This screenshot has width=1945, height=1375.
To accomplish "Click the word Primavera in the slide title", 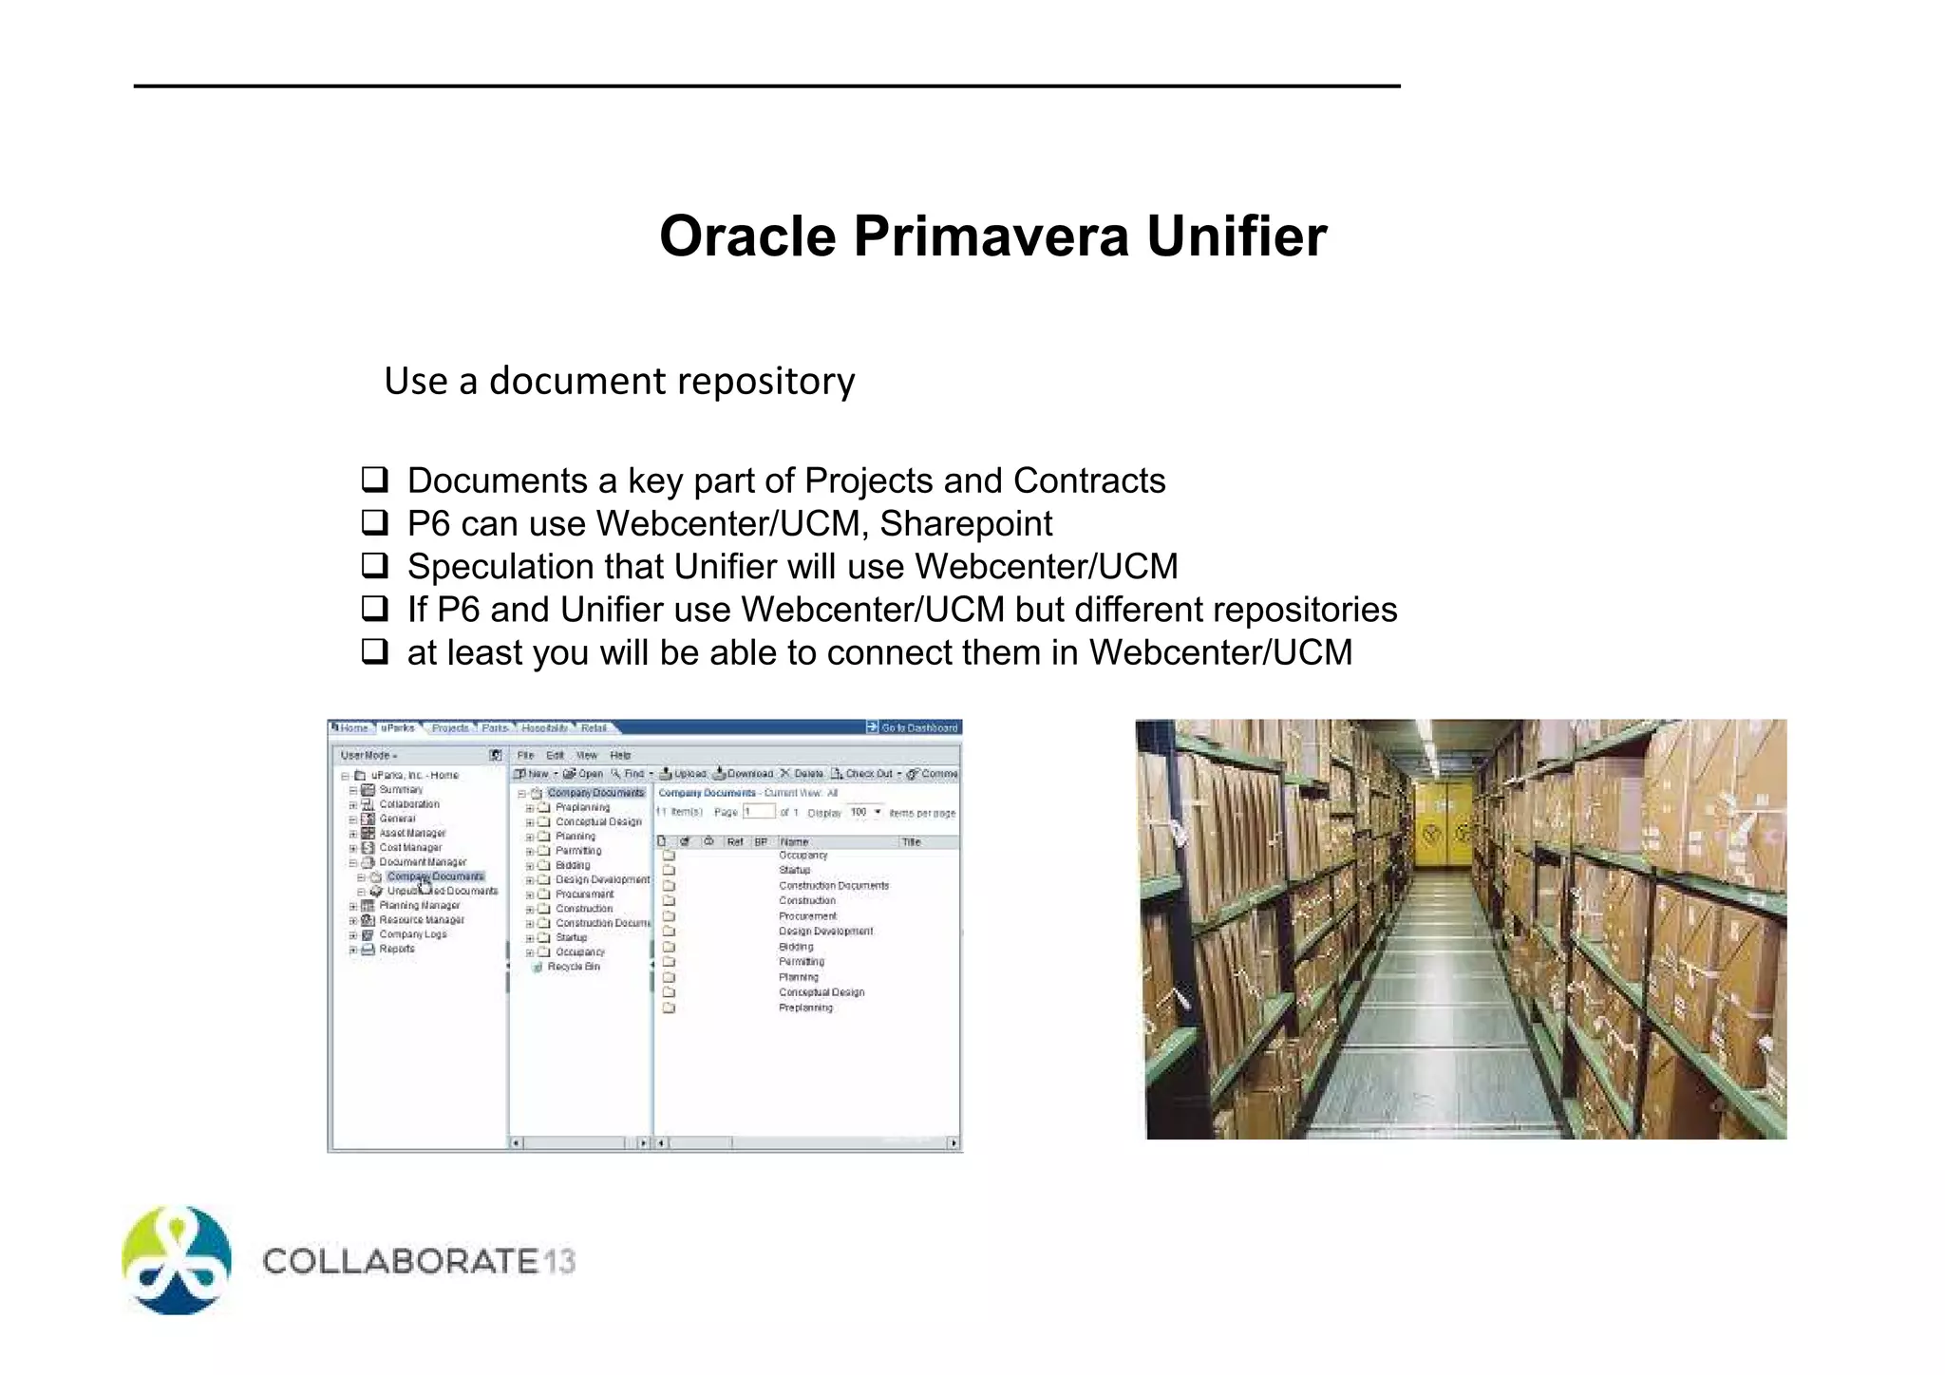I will click(x=991, y=236).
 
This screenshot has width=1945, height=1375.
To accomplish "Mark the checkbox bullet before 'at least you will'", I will click(x=375, y=651).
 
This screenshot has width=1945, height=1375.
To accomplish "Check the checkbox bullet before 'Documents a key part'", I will click(x=375, y=480).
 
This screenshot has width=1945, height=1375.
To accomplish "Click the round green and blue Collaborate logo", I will click(x=177, y=1260).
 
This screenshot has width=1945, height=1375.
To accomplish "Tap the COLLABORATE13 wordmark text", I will click(x=418, y=1261).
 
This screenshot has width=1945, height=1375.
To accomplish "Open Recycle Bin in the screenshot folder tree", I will click(x=574, y=967).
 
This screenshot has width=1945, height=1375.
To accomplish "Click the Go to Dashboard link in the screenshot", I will click(x=917, y=727).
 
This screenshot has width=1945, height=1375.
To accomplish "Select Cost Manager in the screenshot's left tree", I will click(x=410, y=847).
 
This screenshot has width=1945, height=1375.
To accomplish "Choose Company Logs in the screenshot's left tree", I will click(x=412, y=934).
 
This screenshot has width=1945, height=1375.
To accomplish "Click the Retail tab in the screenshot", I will click(x=594, y=728).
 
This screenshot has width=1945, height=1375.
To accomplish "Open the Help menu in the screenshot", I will click(x=620, y=755).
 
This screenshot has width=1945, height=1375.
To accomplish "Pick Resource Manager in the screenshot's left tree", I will click(x=422, y=920).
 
